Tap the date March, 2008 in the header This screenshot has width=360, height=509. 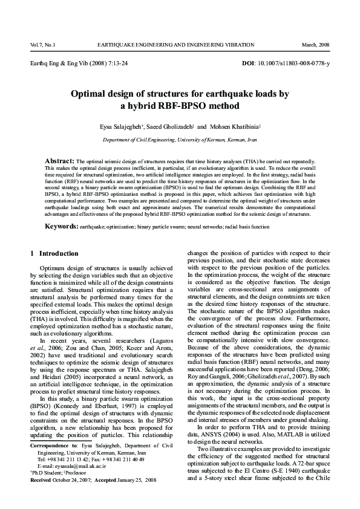(x=316, y=45)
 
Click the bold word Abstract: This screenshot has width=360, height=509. (x=60, y=161)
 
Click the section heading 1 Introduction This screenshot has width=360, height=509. (x=54, y=253)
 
